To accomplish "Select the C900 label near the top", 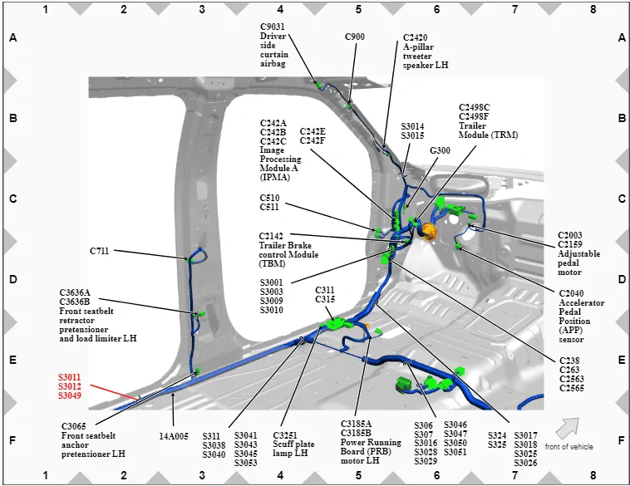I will (x=355, y=37).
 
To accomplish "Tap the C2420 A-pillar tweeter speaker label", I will (x=416, y=37).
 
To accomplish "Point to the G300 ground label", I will (x=440, y=150).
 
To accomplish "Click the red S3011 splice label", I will (x=69, y=376).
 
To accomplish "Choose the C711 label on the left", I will (x=100, y=250).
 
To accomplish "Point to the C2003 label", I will (x=570, y=235).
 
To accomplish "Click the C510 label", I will (x=269, y=198).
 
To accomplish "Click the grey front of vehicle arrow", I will (x=568, y=427).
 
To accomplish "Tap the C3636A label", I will (x=75, y=292).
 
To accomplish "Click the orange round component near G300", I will (x=429, y=229).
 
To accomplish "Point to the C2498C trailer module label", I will (x=475, y=107).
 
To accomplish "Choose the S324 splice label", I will (x=497, y=434).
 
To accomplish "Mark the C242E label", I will (x=313, y=131).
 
